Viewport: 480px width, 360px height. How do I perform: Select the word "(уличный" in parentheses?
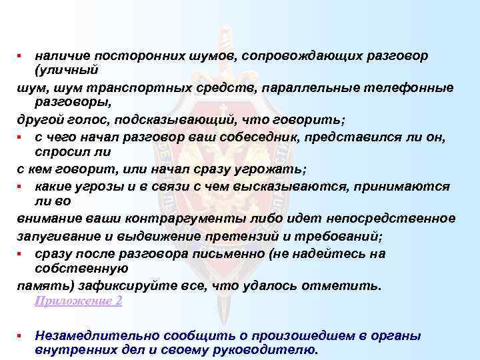66,69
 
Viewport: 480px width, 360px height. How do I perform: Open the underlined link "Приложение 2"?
78,301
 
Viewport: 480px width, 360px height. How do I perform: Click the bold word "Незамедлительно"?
89,335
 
